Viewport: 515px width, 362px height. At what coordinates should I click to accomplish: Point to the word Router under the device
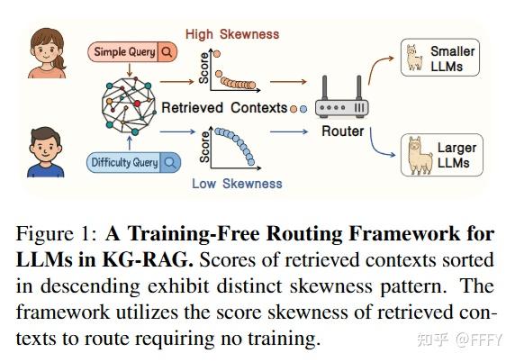343,132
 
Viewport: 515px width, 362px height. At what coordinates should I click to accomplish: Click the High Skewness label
232,34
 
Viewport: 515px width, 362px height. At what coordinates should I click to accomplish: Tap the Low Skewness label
237,184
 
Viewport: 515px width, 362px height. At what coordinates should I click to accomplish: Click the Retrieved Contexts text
224,108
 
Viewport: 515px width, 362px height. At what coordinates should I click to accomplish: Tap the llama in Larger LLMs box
413,154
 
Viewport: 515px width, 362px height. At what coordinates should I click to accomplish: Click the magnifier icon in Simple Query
167,52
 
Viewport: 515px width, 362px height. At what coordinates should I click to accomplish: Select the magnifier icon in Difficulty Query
168,163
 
